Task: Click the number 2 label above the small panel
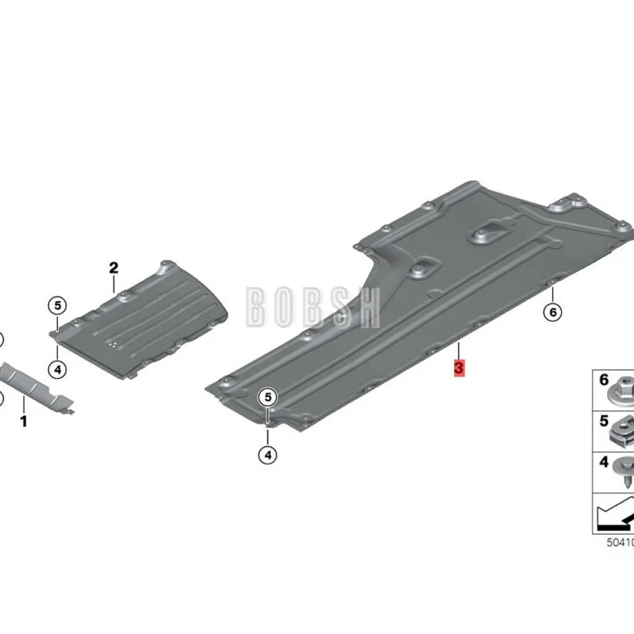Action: [113, 267]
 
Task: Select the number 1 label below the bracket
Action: [23, 422]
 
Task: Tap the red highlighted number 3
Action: [459, 369]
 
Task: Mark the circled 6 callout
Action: [552, 311]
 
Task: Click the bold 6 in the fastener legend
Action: [604, 380]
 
